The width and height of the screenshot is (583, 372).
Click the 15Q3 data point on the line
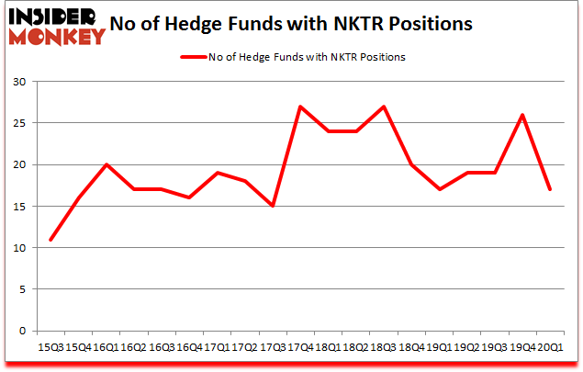(50, 240)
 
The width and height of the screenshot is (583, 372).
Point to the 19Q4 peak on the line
(522, 115)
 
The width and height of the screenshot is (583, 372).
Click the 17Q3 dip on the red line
(274, 206)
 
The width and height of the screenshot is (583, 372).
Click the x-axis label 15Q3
(50, 347)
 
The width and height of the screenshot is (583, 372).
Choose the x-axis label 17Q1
(218, 347)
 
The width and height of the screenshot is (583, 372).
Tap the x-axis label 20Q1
(552, 347)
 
